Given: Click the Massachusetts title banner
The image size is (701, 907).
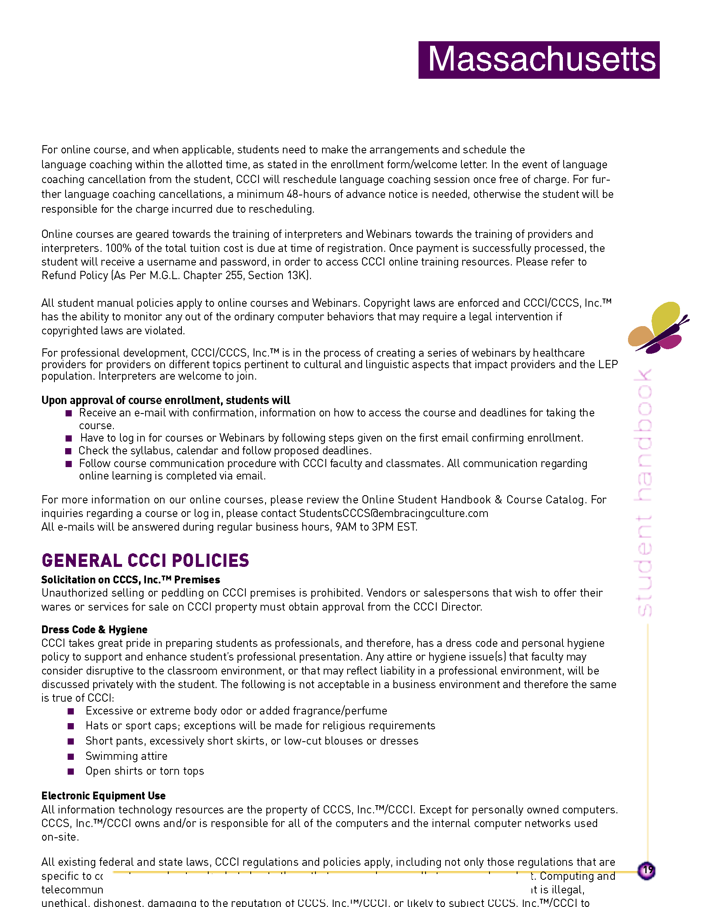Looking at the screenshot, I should click(539, 60).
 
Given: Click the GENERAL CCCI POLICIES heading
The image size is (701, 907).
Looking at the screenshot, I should click(145, 560).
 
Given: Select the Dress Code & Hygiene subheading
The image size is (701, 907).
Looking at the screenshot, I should click(94, 630).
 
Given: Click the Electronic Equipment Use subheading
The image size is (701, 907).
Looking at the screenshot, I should click(104, 796).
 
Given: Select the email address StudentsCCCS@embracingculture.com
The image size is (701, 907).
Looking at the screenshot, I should click(393, 513).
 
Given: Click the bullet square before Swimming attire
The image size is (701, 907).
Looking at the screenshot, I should click(71, 756).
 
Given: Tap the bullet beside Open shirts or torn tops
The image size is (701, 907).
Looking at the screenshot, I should click(71, 771).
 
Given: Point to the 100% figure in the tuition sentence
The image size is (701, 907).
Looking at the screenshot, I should click(118, 248).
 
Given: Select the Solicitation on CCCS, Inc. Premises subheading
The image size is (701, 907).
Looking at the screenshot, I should click(130, 580).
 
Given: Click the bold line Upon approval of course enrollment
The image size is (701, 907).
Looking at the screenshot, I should click(165, 400).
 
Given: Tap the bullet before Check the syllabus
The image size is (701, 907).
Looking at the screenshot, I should click(69, 451).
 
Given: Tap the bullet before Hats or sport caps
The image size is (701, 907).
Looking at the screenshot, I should click(71, 726).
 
